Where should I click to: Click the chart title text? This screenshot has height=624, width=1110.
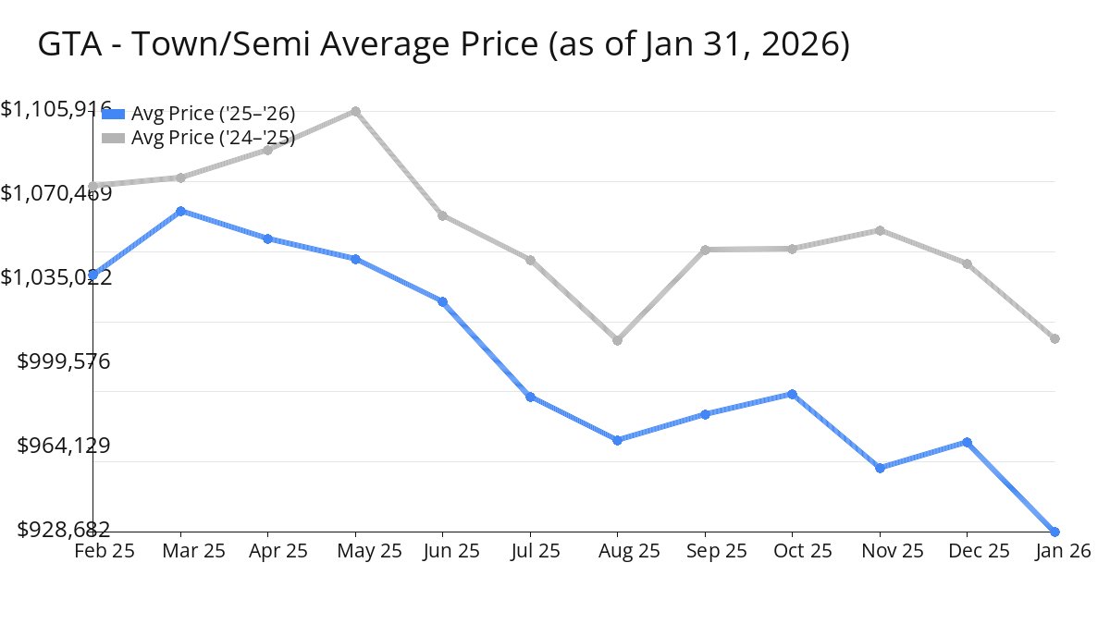[443, 44]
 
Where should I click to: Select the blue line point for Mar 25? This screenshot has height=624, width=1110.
[180, 211]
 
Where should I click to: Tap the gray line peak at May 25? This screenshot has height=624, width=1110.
[355, 112]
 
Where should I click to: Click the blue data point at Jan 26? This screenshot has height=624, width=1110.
[1054, 532]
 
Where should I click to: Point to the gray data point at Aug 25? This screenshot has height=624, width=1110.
[617, 340]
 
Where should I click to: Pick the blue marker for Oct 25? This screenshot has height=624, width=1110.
[792, 394]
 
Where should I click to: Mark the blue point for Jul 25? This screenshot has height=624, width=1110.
[530, 397]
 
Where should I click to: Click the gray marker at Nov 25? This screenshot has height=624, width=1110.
[880, 230]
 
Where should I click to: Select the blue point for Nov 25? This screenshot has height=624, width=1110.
[880, 468]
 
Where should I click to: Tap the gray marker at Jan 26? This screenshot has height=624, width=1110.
[1054, 338]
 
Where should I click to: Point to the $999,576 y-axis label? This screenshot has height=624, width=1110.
[64, 361]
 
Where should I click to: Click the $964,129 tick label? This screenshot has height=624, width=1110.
[64, 446]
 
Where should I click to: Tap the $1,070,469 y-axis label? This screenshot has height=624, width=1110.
[55, 193]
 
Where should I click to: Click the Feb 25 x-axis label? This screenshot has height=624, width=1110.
[105, 551]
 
